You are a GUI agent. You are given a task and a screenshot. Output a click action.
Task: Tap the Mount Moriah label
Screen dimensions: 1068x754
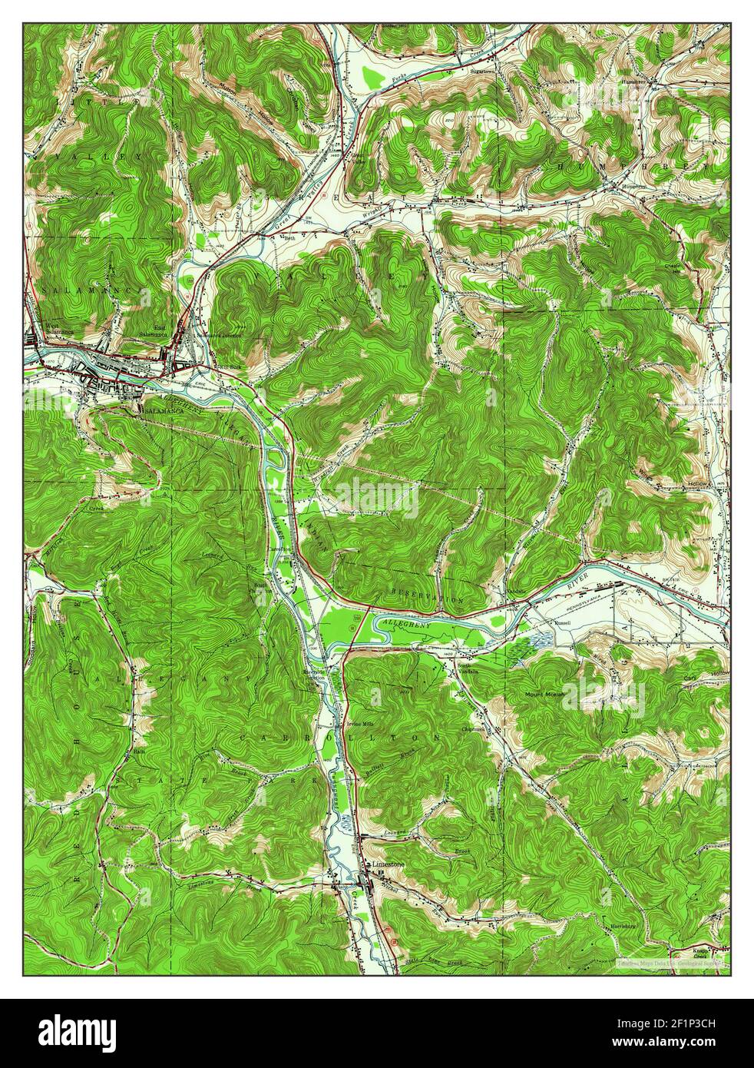tap(544, 694)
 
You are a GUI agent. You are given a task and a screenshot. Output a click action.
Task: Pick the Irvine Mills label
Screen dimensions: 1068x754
tap(360, 723)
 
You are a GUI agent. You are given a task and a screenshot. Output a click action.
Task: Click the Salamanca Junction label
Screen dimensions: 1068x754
tap(218, 335)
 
